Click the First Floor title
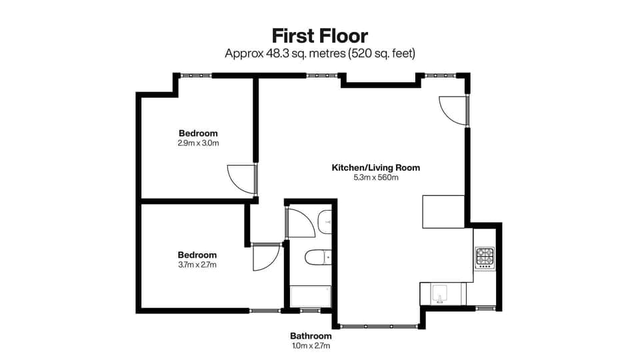tap(319, 35)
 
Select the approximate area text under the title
tap(319, 52)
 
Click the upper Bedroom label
tap(198, 133)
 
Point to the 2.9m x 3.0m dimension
tap(198, 143)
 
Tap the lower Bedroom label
tap(197, 255)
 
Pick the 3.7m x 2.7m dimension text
tap(197, 265)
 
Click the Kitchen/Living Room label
tap(376, 167)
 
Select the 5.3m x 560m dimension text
tap(376, 177)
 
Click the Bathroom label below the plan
tap(310, 336)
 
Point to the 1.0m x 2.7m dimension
tap(310, 346)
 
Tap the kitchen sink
tap(441, 293)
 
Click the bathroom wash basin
tap(325, 221)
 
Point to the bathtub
tap(311, 296)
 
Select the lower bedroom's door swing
tap(265, 258)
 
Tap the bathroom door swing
tap(300, 222)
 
